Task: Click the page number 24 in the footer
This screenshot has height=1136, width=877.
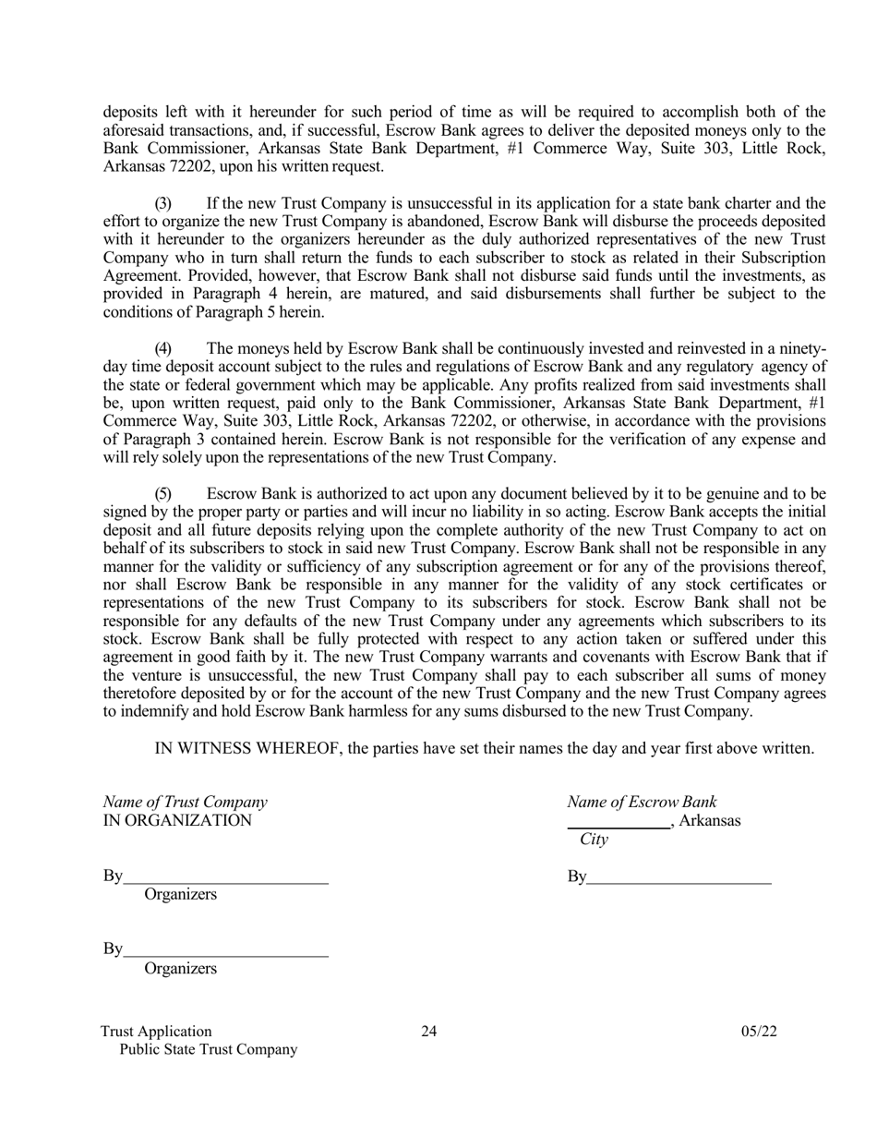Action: pos(429,1032)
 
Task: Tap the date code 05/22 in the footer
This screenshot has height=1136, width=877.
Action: pos(759,1032)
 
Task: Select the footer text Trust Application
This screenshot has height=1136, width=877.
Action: pos(157,1032)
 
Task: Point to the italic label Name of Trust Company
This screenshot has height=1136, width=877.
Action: pos(185,803)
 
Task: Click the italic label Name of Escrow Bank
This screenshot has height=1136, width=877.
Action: pos(642,803)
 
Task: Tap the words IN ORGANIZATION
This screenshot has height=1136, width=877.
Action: pos(176,820)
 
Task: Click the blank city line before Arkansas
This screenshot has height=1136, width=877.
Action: pos(619,825)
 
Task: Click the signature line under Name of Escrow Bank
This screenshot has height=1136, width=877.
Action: pos(679,882)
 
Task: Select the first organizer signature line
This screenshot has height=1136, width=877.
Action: pos(226,882)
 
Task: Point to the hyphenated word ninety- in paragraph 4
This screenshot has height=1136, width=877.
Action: pos(803,349)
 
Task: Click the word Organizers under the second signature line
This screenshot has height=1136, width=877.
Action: pos(180,969)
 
